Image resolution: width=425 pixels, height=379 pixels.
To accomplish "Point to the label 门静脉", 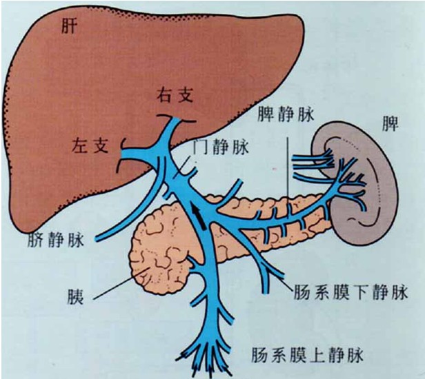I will tap(221, 146).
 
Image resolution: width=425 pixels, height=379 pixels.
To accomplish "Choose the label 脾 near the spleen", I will tap(391, 124).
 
